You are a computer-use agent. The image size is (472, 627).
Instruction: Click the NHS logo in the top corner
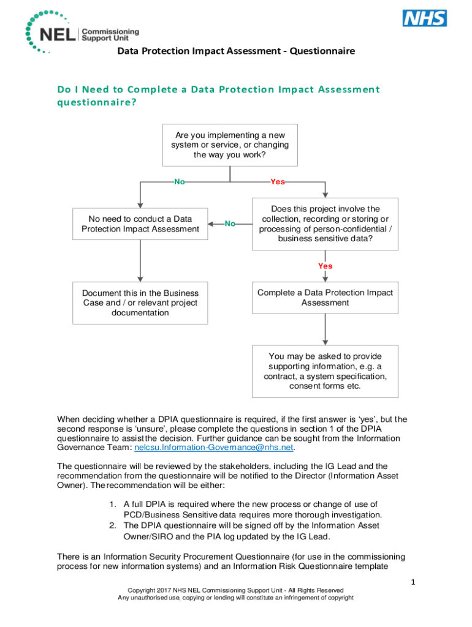[x=424, y=18]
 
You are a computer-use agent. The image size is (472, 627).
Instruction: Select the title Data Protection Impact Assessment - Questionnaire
[x=236, y=51]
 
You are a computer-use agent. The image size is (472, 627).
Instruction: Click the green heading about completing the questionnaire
[x=218, y=96]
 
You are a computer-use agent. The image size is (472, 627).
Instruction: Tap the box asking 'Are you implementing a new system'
[x=229, y=145]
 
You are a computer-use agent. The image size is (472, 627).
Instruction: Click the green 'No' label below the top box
[x=180, y=182]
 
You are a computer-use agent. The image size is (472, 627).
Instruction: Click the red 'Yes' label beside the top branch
[x=277, y=182]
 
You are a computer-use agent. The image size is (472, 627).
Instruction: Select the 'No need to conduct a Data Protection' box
[x=140, y=224]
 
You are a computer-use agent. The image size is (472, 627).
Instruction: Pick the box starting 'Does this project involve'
[x=325, y=224]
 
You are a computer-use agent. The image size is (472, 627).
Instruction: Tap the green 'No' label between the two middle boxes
[x=230, y=224]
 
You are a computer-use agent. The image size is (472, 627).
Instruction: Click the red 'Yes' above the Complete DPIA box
[x=325, y=266]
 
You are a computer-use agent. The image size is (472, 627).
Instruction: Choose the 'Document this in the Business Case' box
[x=140, y=303]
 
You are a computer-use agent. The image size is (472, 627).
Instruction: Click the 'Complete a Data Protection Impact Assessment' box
[x=325, y=298]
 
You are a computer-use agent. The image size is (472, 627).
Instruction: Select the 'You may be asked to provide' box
[x=325, y=371]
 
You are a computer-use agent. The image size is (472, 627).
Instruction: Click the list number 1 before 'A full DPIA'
[x=113, y=504]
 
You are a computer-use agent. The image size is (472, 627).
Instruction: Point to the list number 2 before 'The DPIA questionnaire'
[x=113, y=525]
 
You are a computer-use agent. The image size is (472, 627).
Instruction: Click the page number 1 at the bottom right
[x=413, y=582]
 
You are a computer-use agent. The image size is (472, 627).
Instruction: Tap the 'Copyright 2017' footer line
[x=235, y=590]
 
